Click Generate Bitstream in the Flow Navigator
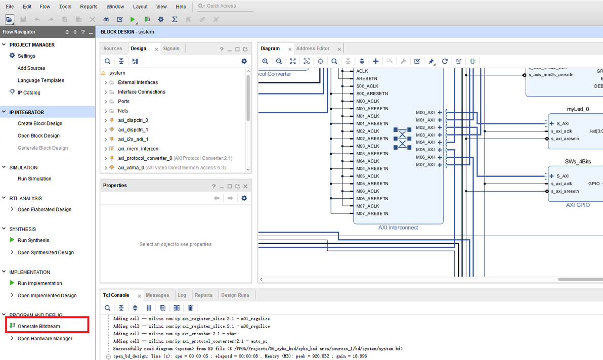point(38,326)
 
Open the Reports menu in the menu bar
point(89,7)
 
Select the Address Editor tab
point(313,49)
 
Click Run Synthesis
point(33,240)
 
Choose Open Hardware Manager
point(45,339)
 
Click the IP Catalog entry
point(29,93)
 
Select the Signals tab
point(171,49)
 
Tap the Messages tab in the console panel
point(157,295)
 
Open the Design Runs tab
point(235,295)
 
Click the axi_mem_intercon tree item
point(138,149)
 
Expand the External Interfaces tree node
point(106,82)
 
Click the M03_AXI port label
point(425,135)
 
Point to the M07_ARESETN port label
point(372,214)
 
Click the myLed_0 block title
point(578,109)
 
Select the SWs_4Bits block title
point(578,162)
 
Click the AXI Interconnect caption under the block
point(398,228)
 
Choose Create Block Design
point(40,123)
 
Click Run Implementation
point(39,283)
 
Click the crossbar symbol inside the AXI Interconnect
point(402,138)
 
